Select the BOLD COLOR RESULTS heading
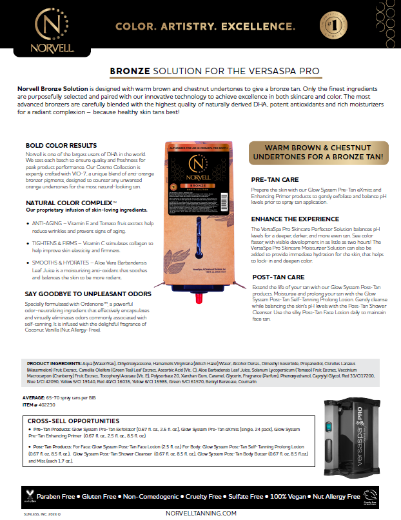pyautogui.click(x=61, y=145)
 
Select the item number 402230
pyautogui.click(x=52, y=404)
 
